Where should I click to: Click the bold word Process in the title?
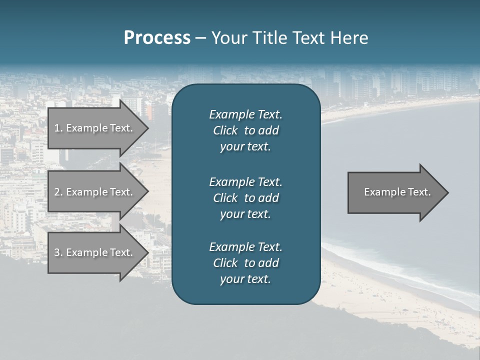[157, 38]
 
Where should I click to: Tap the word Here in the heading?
[349, 38]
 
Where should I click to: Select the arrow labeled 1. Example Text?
[95, 128]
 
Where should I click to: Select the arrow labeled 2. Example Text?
[95, 192]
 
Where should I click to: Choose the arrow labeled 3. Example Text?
[95, 252]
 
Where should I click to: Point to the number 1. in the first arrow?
[58, 128]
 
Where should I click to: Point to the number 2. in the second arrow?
[58, 192]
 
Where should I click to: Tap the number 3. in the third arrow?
[58, 252]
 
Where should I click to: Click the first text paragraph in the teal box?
[245, 130]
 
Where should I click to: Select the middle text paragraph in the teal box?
[245, 197]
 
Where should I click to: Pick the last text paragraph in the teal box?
[245, 263]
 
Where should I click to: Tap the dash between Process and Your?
[200, 38]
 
